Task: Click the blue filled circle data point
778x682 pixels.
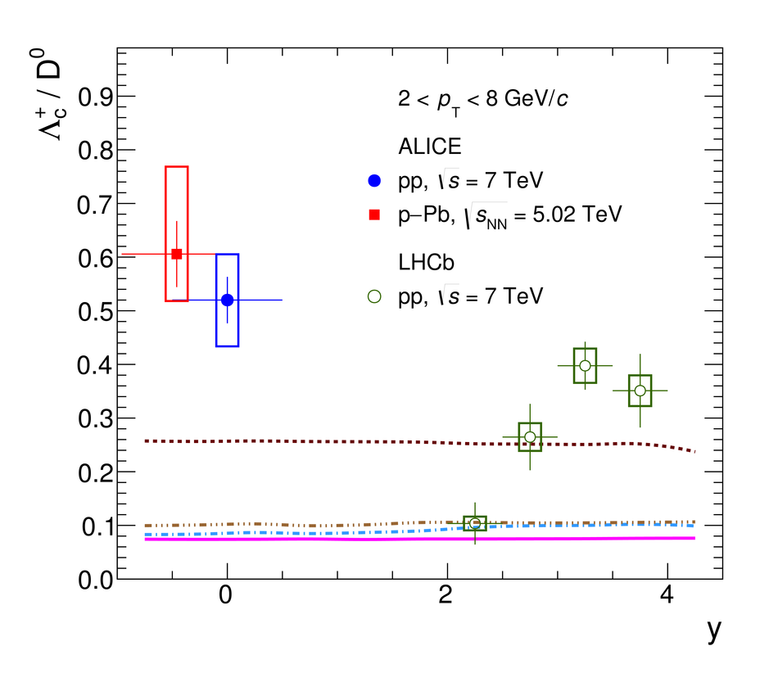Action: [227, 300]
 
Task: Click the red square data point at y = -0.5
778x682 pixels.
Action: [177, 254]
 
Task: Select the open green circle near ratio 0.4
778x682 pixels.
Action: [585, 366]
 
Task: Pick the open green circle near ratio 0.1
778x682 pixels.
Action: [475, 523]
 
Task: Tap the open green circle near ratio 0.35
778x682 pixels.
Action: [640, 391]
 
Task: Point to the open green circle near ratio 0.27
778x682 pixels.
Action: [530, 436]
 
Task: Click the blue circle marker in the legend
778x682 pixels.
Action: [375, 180]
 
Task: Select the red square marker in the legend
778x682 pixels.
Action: [375, 215]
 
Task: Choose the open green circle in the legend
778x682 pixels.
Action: [375, 297]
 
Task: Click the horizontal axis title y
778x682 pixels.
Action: [713, 630]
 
